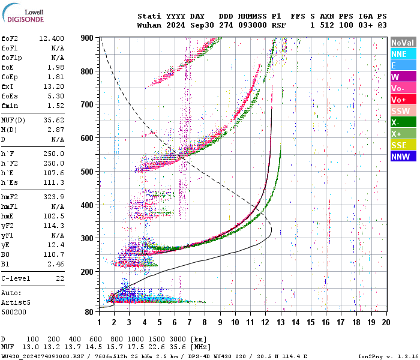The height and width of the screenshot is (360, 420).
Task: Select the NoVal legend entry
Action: [x=403, y=43]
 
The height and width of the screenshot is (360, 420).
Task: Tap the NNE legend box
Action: [x=403, y=54]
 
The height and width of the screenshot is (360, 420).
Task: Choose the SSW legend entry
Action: [x=403, y=111]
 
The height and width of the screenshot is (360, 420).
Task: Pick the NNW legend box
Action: [x=403, y=157]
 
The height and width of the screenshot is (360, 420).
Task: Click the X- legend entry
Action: [x=403, y=122]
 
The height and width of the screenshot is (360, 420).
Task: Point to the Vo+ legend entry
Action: [x=403, y=100]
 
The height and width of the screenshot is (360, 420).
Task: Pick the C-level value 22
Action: [x=60, y=279]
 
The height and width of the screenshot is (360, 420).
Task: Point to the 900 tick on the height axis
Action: [x=88, y=38]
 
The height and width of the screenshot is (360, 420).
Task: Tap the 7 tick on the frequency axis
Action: [x=190, y=322]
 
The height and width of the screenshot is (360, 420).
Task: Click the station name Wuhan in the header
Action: [x=149, y=26]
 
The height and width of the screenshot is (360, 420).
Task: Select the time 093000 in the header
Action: [x=251, y=26]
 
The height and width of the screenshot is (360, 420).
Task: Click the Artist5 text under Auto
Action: [x=15, y=302]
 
